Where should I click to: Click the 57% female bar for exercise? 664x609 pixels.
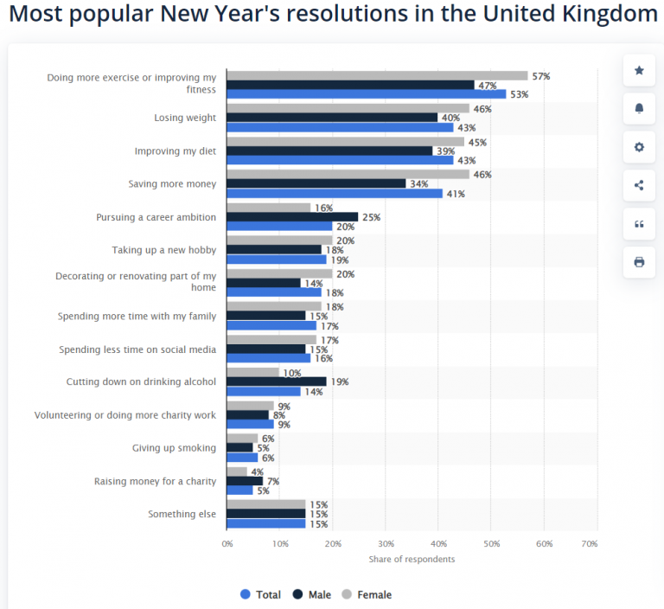click(x=377, y=75)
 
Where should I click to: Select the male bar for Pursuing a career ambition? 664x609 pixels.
click(x=292, y=216)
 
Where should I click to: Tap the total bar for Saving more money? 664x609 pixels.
click(x=335, y=194)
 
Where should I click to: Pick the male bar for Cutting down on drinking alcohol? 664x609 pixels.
click(x=277, y=381)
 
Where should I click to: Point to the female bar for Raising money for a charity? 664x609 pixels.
click(x=237, y=471)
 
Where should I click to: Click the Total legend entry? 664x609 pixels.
click(x=260, y=594)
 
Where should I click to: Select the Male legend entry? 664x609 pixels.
click(x=312, y=594)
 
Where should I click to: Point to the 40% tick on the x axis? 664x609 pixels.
click(x=438, y=543)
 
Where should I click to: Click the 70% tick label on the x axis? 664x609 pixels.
click(x=590, y=543)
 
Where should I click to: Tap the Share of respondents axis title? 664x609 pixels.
click(x=412, y=559)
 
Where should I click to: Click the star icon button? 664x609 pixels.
click(x=639, y=70)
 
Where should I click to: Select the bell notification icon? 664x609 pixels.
click(x=639, y=108)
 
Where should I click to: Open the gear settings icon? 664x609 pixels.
click(x=639, y=147)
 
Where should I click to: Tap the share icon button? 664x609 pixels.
click(x=639, y=185)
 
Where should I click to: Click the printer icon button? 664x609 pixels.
click(x=639, y=262)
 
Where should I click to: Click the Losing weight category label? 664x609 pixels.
click(x=185, y=118)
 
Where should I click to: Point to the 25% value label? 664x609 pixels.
click(x=372, y=217)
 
